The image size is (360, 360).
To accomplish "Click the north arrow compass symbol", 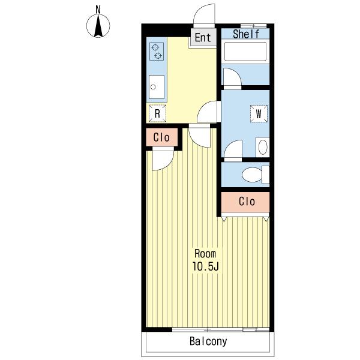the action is tap(98, 26).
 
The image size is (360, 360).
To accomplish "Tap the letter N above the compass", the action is tap(98, 10).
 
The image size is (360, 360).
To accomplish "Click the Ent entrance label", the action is tap(203, 38).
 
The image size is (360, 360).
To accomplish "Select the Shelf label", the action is tap(246, 34).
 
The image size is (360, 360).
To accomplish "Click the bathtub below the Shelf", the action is tap(245, 52).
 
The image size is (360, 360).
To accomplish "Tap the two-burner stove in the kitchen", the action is tap(157, 52).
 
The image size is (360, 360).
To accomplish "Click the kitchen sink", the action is tap(157, 87).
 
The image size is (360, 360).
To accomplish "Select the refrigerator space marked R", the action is tap(157, 113).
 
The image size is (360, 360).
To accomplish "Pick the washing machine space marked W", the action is tap(259, 113).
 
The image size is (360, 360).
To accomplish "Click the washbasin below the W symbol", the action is tap(263, 147).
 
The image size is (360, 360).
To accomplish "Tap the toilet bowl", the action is tap(252, 175).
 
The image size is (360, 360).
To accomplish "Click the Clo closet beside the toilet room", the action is tap(245, 202).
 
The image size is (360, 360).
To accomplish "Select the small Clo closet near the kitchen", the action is tap(162, 137).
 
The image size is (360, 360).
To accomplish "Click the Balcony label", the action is tap(208, 341).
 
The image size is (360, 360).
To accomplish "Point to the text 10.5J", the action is tap(205, 266).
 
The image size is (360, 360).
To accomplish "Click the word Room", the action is tap(205, 254).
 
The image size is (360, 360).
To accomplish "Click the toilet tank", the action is tap(266, 175).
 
